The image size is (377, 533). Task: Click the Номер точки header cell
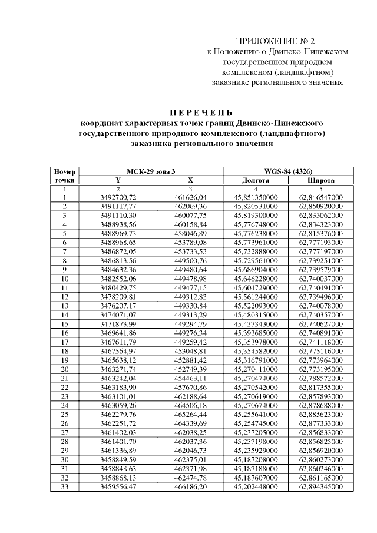pos(64,176)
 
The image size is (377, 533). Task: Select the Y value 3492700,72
pos(118,197)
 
